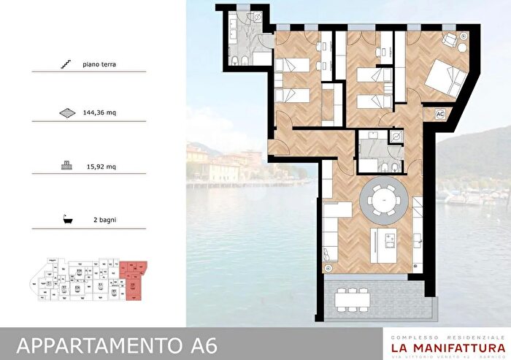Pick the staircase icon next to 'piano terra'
67,65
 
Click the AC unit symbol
440,114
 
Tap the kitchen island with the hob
385,245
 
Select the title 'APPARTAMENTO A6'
116,343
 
